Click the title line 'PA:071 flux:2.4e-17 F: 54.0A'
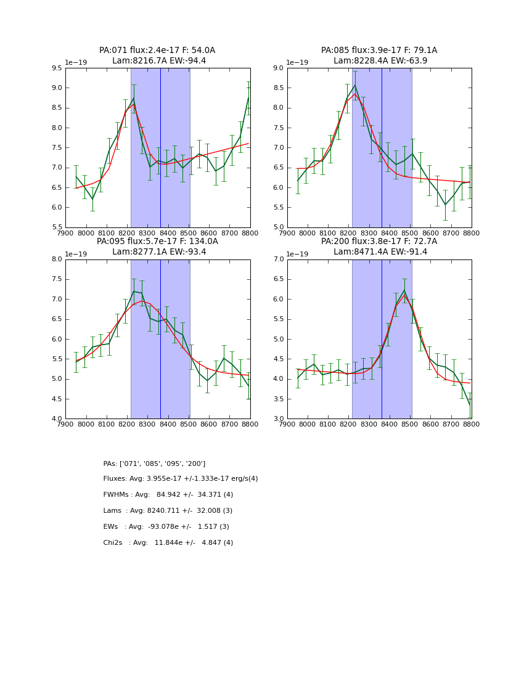point(157,51)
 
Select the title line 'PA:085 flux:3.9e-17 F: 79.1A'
point(379,51)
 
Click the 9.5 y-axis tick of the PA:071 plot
point(56,68)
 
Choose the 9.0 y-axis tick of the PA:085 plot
point(277,68)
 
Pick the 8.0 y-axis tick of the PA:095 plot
point(56,259)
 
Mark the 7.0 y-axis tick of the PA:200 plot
point(277,259)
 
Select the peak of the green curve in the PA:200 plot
point(404,290)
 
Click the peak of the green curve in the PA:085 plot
point(354,85)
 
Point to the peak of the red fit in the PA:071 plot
point(134,104)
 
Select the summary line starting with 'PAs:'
point(154,464)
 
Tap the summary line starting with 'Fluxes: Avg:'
point(181,479)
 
